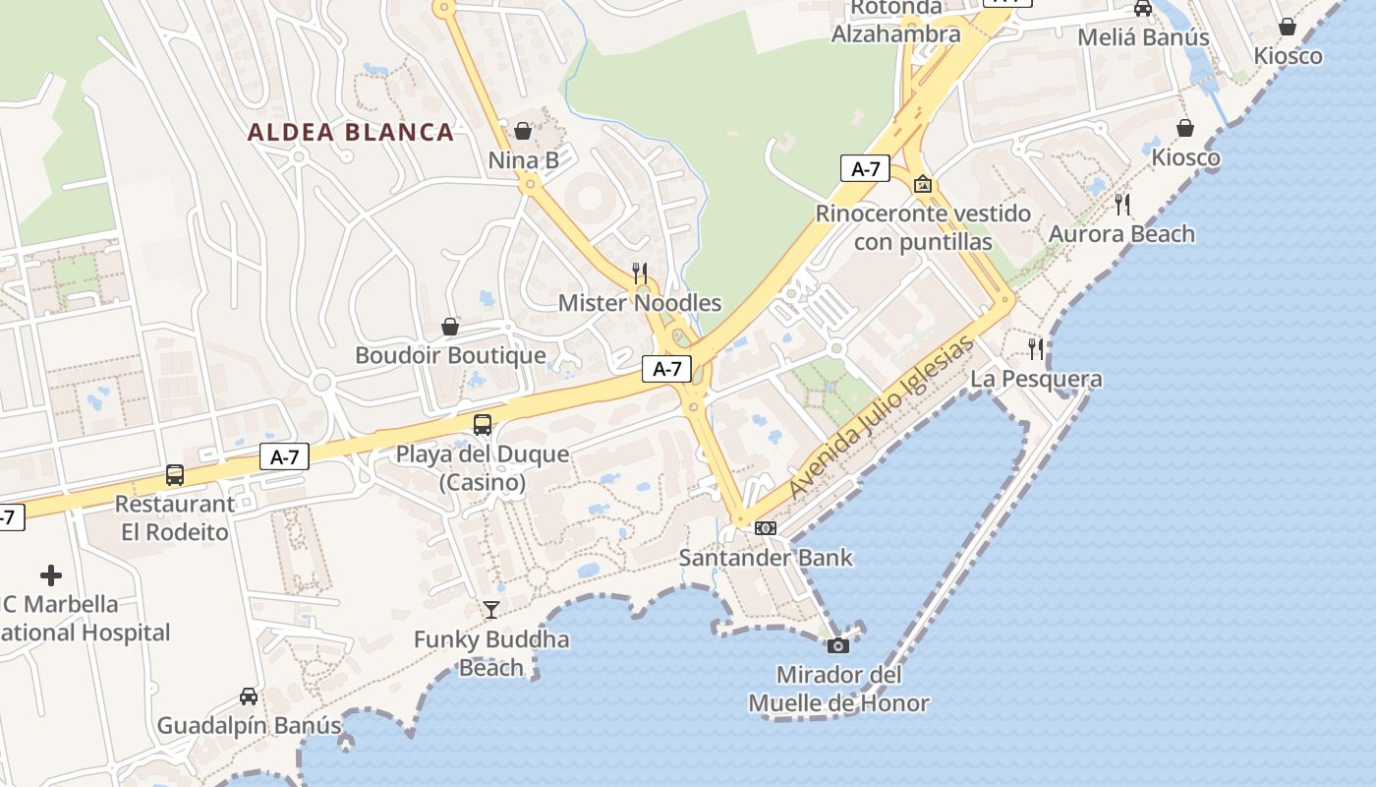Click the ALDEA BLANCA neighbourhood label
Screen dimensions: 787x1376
point(351,132)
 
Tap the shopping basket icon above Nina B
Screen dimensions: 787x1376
point(523,131)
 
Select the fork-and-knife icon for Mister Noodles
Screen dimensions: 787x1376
point(640,272)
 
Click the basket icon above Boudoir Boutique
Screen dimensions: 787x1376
point(450,326)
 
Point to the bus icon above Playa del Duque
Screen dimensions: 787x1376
point(483,424)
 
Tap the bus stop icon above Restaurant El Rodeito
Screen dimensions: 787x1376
point(175,474)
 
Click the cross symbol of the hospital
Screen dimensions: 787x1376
point(51,575)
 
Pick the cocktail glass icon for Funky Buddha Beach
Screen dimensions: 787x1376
point(491,610)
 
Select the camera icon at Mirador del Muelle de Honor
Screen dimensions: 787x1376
point(838,645)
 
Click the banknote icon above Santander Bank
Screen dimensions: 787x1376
point(766,528)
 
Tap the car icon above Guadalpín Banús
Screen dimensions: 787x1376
point(249,696)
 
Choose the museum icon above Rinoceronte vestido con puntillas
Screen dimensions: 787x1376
point(923,184)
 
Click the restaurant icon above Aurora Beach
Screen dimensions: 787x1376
point(1121,204)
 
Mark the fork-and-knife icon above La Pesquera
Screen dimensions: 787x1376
point(1036,348)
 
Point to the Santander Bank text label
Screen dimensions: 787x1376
point(766,558)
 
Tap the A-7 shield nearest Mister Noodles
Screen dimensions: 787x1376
point(667,369)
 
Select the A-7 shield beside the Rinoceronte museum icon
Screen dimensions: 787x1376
point(865,168)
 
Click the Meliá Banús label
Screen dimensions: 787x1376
point(1143,37)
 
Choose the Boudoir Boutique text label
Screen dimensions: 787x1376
point(450,355)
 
